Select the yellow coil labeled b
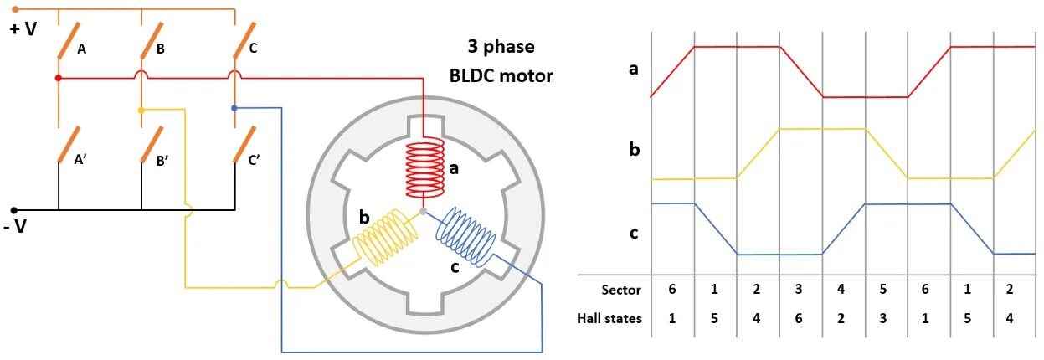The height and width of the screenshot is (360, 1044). click(x=383, y=236)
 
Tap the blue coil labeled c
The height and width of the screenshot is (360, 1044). click(x=465, y=234)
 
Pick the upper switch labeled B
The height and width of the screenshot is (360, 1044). click(x=152, y=39)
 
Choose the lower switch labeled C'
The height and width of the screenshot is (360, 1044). click(x=244, y=143)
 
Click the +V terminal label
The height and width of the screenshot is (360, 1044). click(x=23, y=29)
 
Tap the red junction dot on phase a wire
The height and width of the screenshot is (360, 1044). click(x=58, y=78)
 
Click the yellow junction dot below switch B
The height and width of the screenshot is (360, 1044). click(x=141, y=110)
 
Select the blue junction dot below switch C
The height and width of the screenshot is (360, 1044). click(x=234, y=108)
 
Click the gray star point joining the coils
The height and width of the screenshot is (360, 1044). click(x=423, y=212)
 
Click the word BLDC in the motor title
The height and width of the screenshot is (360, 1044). click(x=475, y=75)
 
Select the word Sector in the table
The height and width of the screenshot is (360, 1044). click(x=620, y=290)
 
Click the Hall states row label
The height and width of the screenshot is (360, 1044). click(x=609, y=318)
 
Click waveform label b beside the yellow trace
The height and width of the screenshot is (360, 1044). click(x=634, y=150)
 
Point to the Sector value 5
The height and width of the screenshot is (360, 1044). click(x=886, y=290)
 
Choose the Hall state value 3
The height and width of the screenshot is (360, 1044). click(x=886, y=318)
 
